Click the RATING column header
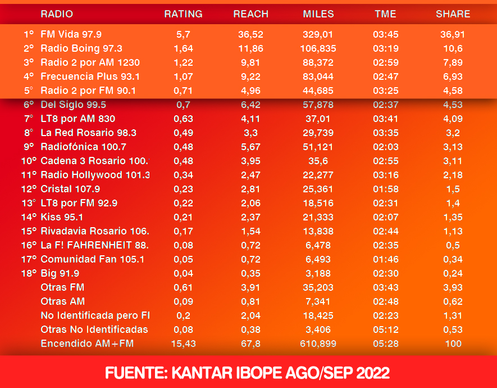183,14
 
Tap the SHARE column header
453,14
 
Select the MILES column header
318,14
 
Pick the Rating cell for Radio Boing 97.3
183,48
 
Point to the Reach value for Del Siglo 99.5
250,105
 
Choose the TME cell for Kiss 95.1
385,217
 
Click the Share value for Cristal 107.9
453,189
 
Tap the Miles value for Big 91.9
318,273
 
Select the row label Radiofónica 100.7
83,147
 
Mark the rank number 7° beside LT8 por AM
29,119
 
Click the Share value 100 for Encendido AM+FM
453,344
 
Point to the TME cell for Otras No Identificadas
385,330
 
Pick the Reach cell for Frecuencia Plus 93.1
250,76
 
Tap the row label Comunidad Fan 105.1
92,259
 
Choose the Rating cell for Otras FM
183,287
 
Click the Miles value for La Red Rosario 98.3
318,133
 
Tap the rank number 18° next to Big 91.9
29,273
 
